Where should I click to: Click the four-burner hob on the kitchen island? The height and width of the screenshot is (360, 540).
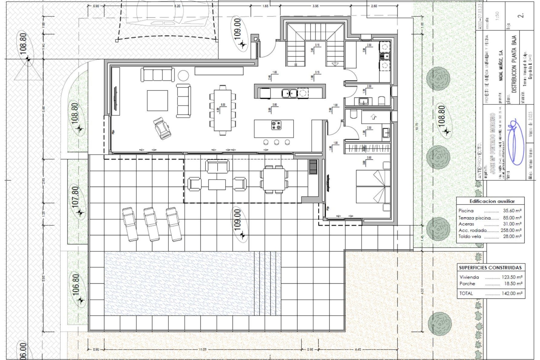pyautogui.click(x=276, y=125)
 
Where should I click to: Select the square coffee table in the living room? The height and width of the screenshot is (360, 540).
pyautogui.click(x=157, y=100)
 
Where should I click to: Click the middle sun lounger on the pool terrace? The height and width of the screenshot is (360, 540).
pyautogui.click(x=151, y=224)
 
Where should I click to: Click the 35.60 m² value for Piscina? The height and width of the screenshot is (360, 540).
pyautogui.click(x=512, y=211)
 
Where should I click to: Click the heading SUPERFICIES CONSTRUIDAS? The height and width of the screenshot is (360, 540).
pyautogui.click(x=490, y=267)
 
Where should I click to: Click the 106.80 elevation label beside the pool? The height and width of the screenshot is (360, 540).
pyautogui.click(x=76, y=285)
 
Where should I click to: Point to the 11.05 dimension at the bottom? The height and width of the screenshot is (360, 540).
pyautogui.click(x=202, y=350)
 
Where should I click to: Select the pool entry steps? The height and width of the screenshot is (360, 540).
pyautogui.click(x=267, y=283)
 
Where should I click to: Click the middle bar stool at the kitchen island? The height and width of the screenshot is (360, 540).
pyautogui.click(x=276, y=142)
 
